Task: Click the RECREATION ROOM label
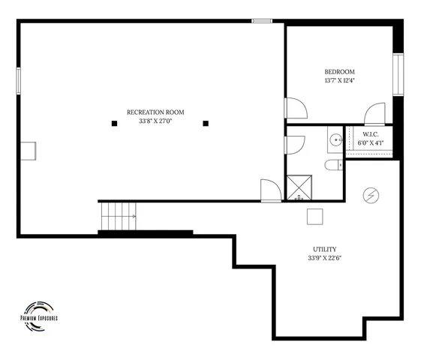coord(155,112)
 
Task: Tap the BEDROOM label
coord(339,72)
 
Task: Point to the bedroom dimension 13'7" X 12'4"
coord(339,81)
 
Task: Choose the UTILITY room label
coord(324,250)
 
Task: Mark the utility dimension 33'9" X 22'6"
coord(324,259)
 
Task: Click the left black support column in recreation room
coord(114,123)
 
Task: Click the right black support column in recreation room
coord(206,123)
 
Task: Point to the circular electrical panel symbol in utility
coord(369,195)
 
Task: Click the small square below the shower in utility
coord(314,216)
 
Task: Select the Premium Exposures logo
coord(39,312)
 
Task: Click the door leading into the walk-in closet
coord(374,115)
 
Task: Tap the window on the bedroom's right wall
coord(400,76)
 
